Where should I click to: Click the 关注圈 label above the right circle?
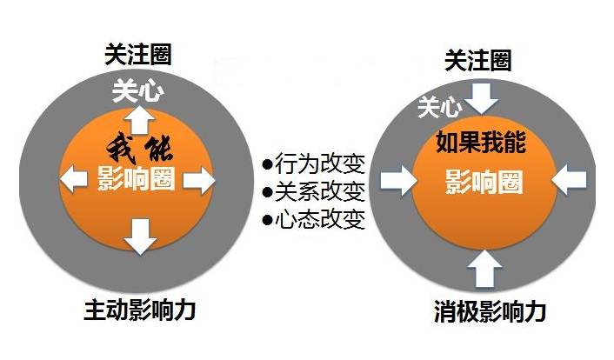click(477, 60)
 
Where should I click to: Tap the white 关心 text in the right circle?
click(439, 107)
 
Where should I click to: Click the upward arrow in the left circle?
click(137, 118)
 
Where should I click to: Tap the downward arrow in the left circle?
click(139, 235)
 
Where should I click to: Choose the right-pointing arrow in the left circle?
click(198, 181)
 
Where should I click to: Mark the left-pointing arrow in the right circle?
click(570, 180)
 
